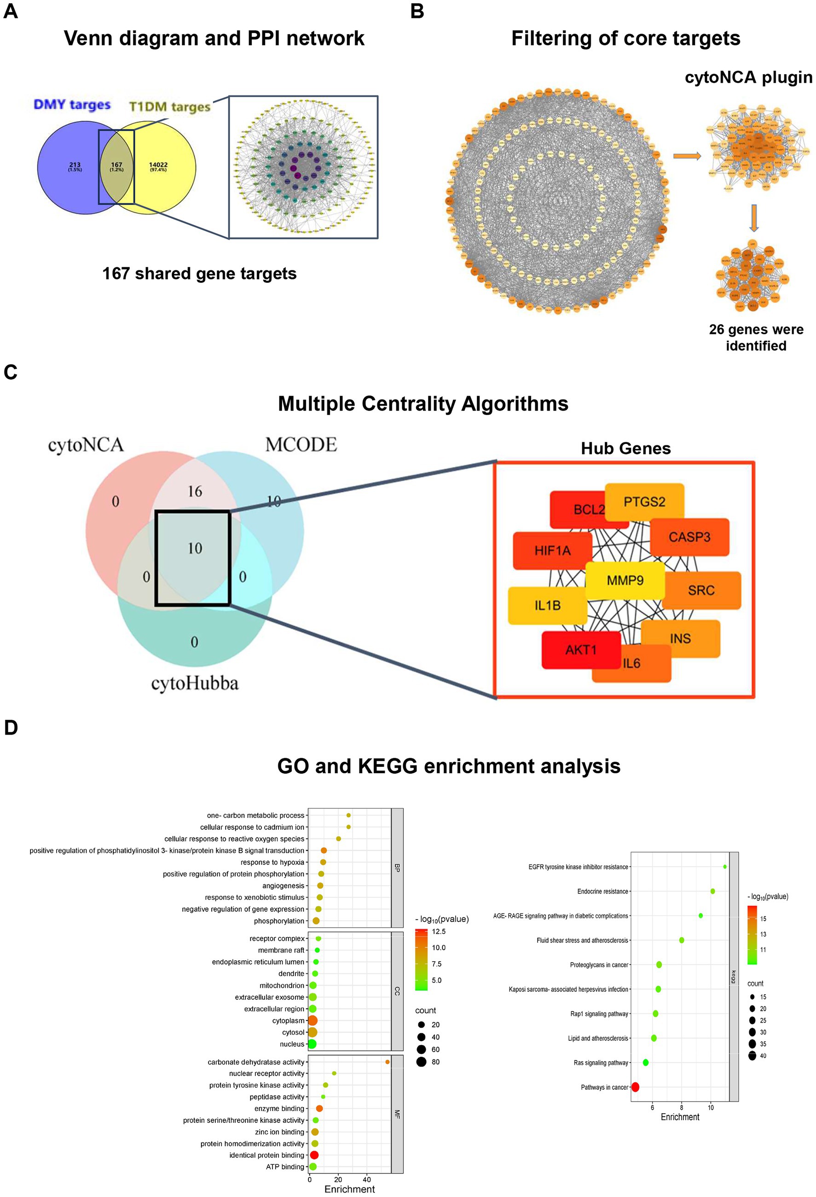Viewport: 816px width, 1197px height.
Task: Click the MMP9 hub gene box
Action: (x=625, y=580)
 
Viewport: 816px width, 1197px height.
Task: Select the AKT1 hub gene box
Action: (x=580, y=649)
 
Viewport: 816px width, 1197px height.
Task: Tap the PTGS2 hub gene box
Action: (x=644, y=501)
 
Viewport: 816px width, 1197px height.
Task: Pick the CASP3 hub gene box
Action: (x=689, y=537)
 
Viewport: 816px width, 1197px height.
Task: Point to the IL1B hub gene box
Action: (x=547, y=605)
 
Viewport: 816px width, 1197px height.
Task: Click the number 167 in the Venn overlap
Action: (x=116, y=165)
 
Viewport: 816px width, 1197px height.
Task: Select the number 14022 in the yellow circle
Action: (x=158, y=165)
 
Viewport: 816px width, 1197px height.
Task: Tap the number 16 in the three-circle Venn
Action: (x=195, y=491)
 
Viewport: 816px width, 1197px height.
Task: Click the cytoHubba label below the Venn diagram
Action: (x=195, y=683)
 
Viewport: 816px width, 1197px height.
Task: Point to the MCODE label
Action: (x=301, y=444)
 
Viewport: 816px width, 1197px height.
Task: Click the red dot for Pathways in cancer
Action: (x=635, y=1087)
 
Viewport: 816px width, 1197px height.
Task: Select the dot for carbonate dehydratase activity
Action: (x=387, y=1062)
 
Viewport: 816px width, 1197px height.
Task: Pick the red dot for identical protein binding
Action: (x=314, y=1155)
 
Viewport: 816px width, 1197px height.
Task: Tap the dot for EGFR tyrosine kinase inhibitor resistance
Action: (x=725, y=866)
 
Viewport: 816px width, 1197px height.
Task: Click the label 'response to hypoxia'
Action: (x=272, y=862)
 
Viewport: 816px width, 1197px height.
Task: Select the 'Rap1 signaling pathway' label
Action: (x=599, y=1013)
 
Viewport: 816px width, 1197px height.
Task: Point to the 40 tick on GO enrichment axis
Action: (x=366, y=1179)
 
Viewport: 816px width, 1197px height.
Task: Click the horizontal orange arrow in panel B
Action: (x=687, y=156)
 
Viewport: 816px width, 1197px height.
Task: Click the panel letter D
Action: (x=10, y=728)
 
